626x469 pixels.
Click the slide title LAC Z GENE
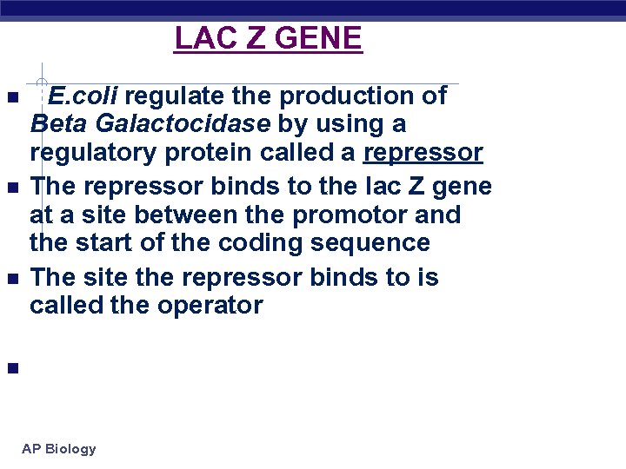(x=268, y=38)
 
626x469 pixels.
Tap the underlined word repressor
(x=423, y=153)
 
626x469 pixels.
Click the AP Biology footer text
(x=59, y=449)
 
